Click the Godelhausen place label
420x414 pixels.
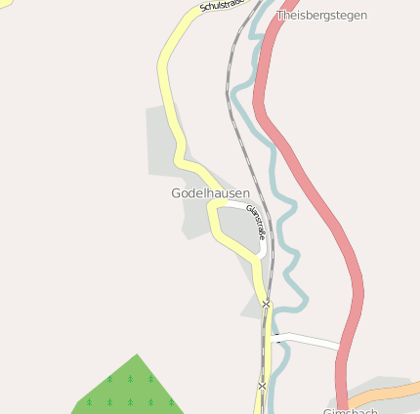[x=210, y=193]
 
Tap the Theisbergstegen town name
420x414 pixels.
[x=321, y=16]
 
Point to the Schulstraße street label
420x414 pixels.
[x=222, y=6]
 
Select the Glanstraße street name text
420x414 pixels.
[x=256, y=224]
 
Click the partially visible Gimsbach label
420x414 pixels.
[x=350, y=411]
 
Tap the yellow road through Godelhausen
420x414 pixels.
[x=164, y=88]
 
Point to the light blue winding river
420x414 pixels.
[x=284, y=205]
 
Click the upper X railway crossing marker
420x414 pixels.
[x=266, y=305]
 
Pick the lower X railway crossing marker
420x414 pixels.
[x=262, y=386]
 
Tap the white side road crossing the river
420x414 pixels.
[x=308, y=340]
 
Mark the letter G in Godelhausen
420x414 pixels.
[x=176, y=193]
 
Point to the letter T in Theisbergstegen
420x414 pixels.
[x=281, y=16]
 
